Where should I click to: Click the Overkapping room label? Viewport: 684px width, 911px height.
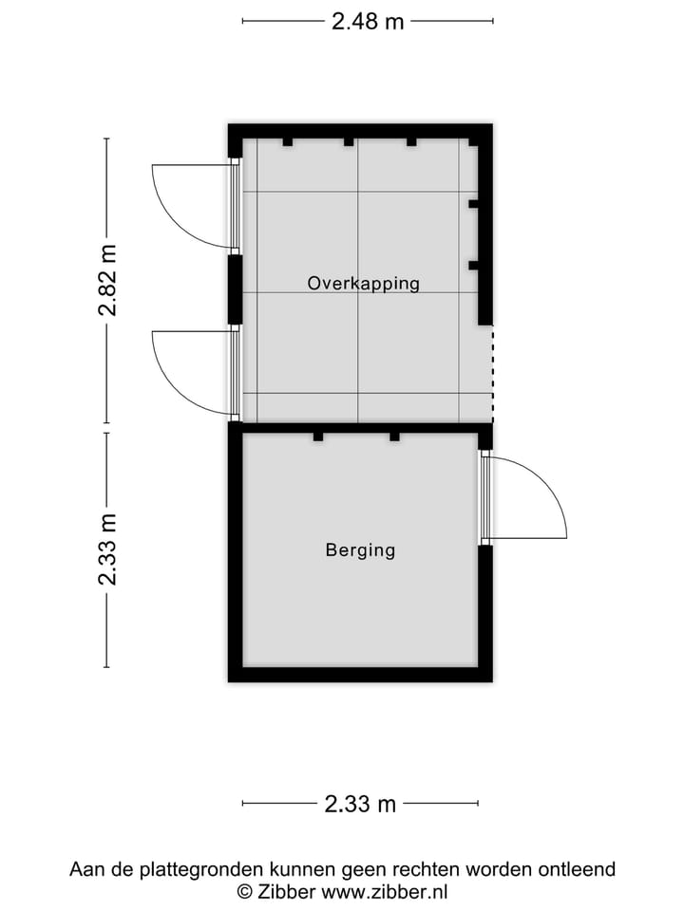tap(363, 283)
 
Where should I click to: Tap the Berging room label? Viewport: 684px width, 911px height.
tap(360, 549)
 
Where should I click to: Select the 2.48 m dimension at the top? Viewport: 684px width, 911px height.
tap(368, 21)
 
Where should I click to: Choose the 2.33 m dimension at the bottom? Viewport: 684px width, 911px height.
tap(360, 804)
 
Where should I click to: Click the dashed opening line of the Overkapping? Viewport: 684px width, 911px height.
tap(492, 375)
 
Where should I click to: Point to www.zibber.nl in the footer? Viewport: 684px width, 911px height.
tap(385, 891)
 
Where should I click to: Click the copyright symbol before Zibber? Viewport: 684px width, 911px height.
tap(244, 891)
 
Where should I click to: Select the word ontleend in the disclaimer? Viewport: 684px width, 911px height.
tap(578, 869)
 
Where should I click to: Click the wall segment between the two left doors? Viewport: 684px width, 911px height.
tap(234, 289)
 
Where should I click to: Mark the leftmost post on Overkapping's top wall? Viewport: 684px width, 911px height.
tap(287, 142)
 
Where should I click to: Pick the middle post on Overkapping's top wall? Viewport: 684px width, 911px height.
tap(349, 142)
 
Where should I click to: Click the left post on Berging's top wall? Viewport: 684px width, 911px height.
tap(318, 437)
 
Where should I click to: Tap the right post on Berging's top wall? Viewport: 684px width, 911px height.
tap(393, 437)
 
